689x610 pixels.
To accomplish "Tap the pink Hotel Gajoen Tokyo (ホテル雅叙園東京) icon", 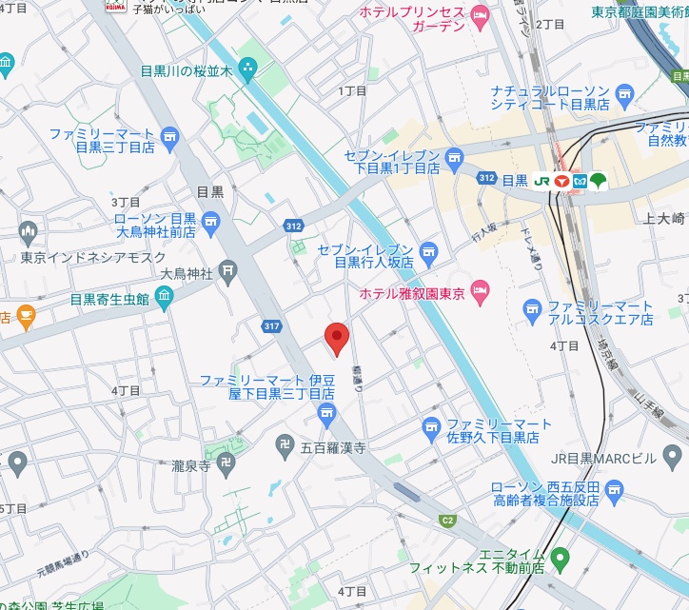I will click(x=481, y=288).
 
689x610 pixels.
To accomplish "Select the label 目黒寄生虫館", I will click(x=109, y=299).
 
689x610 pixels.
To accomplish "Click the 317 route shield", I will click(x=272, y=326).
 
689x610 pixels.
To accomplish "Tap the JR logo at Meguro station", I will click(x=541, y=180).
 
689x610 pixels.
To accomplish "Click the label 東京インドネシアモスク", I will click(x=93, y=257).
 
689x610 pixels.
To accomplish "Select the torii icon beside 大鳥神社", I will click(x=228, y=273).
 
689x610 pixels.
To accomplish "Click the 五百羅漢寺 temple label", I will click(x=333, y=445).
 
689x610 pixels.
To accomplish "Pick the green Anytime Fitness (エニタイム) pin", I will click(x=561, y=556).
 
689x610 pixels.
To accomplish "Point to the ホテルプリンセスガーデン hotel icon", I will click(x=480, y=14).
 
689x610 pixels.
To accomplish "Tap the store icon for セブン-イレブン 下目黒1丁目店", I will click(x=454, y=156).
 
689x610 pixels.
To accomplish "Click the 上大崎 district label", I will click(x=664, y=219).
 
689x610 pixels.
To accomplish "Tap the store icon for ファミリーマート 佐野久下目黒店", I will click(x=431, y=424).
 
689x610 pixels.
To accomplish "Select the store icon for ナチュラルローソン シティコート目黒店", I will click(x=624, y=92).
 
